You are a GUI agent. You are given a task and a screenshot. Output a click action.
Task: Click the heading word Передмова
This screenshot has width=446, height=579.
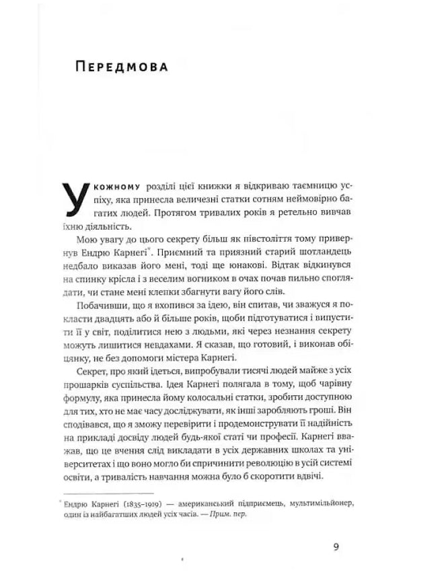click(x=122, y=68)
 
